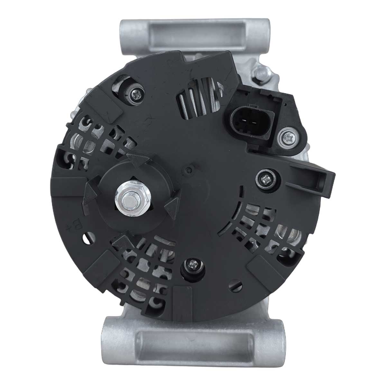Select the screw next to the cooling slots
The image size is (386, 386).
[136, 93]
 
